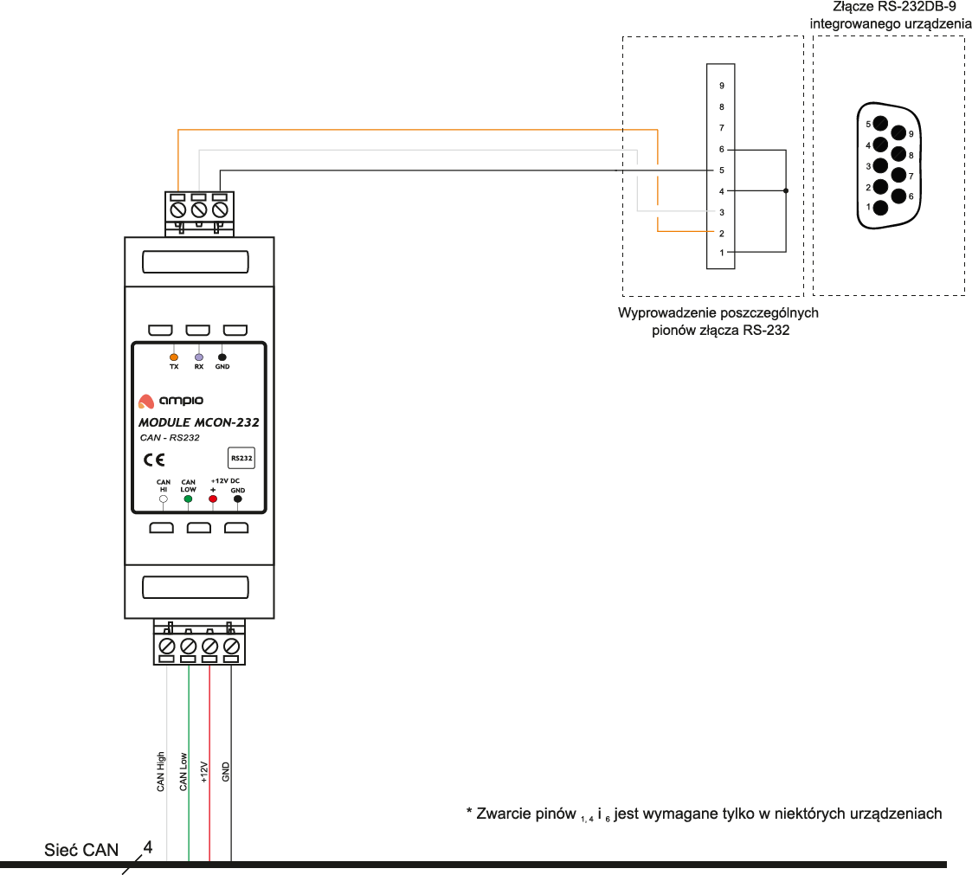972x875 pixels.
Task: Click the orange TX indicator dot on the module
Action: [174, 357]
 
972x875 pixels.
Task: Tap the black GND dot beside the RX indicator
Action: [222, 357]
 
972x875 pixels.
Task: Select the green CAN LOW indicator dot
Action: [188, 499]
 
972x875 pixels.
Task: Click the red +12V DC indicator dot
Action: [212, 499]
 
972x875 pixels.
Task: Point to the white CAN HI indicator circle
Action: [164, 499]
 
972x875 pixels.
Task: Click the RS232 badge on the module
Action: [241, 457]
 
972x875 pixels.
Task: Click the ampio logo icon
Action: [145, 402]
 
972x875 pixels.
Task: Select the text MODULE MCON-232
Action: [198, 423]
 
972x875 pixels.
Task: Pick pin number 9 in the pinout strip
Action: [721, 87]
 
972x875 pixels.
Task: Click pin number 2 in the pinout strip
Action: [721, 234]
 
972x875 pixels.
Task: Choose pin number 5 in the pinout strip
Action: [721, 170]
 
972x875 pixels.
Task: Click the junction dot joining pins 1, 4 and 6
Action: [786, 191]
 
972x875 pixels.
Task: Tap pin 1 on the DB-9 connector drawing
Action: [880, 207]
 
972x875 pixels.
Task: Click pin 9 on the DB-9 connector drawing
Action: [898, 133]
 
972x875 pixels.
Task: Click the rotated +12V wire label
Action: [204, 772]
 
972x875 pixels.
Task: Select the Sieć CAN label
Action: [81, 850]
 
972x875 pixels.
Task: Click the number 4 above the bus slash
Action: [148, 846]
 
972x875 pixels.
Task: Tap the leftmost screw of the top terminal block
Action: [178, 209]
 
